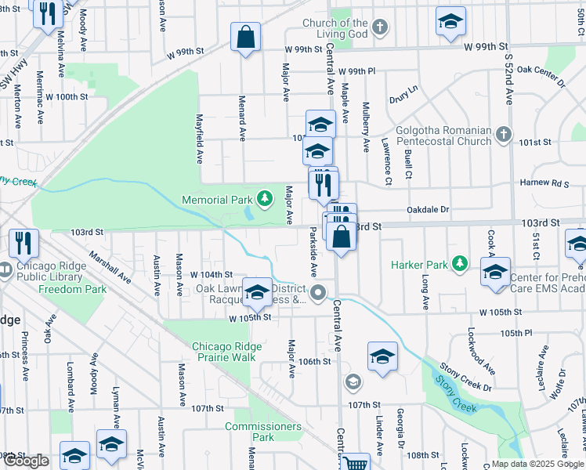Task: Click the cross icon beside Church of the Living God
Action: (379, 28)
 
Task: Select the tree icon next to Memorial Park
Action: (265, 200)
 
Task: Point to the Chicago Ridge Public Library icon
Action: (8, 268)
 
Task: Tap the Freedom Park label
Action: (72, 289)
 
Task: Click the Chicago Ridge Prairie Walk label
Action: (224, 352)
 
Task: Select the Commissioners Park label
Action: (262, 432)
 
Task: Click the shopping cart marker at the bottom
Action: (356, 463)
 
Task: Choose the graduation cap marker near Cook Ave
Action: (495, 272)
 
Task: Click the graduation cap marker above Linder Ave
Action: (382, 356)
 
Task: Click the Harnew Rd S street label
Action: (548, 183)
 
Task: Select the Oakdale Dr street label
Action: (428, 210)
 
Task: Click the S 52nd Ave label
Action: (508, 78)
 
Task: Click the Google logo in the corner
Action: (27, 461)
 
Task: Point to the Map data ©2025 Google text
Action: (537, 464)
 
